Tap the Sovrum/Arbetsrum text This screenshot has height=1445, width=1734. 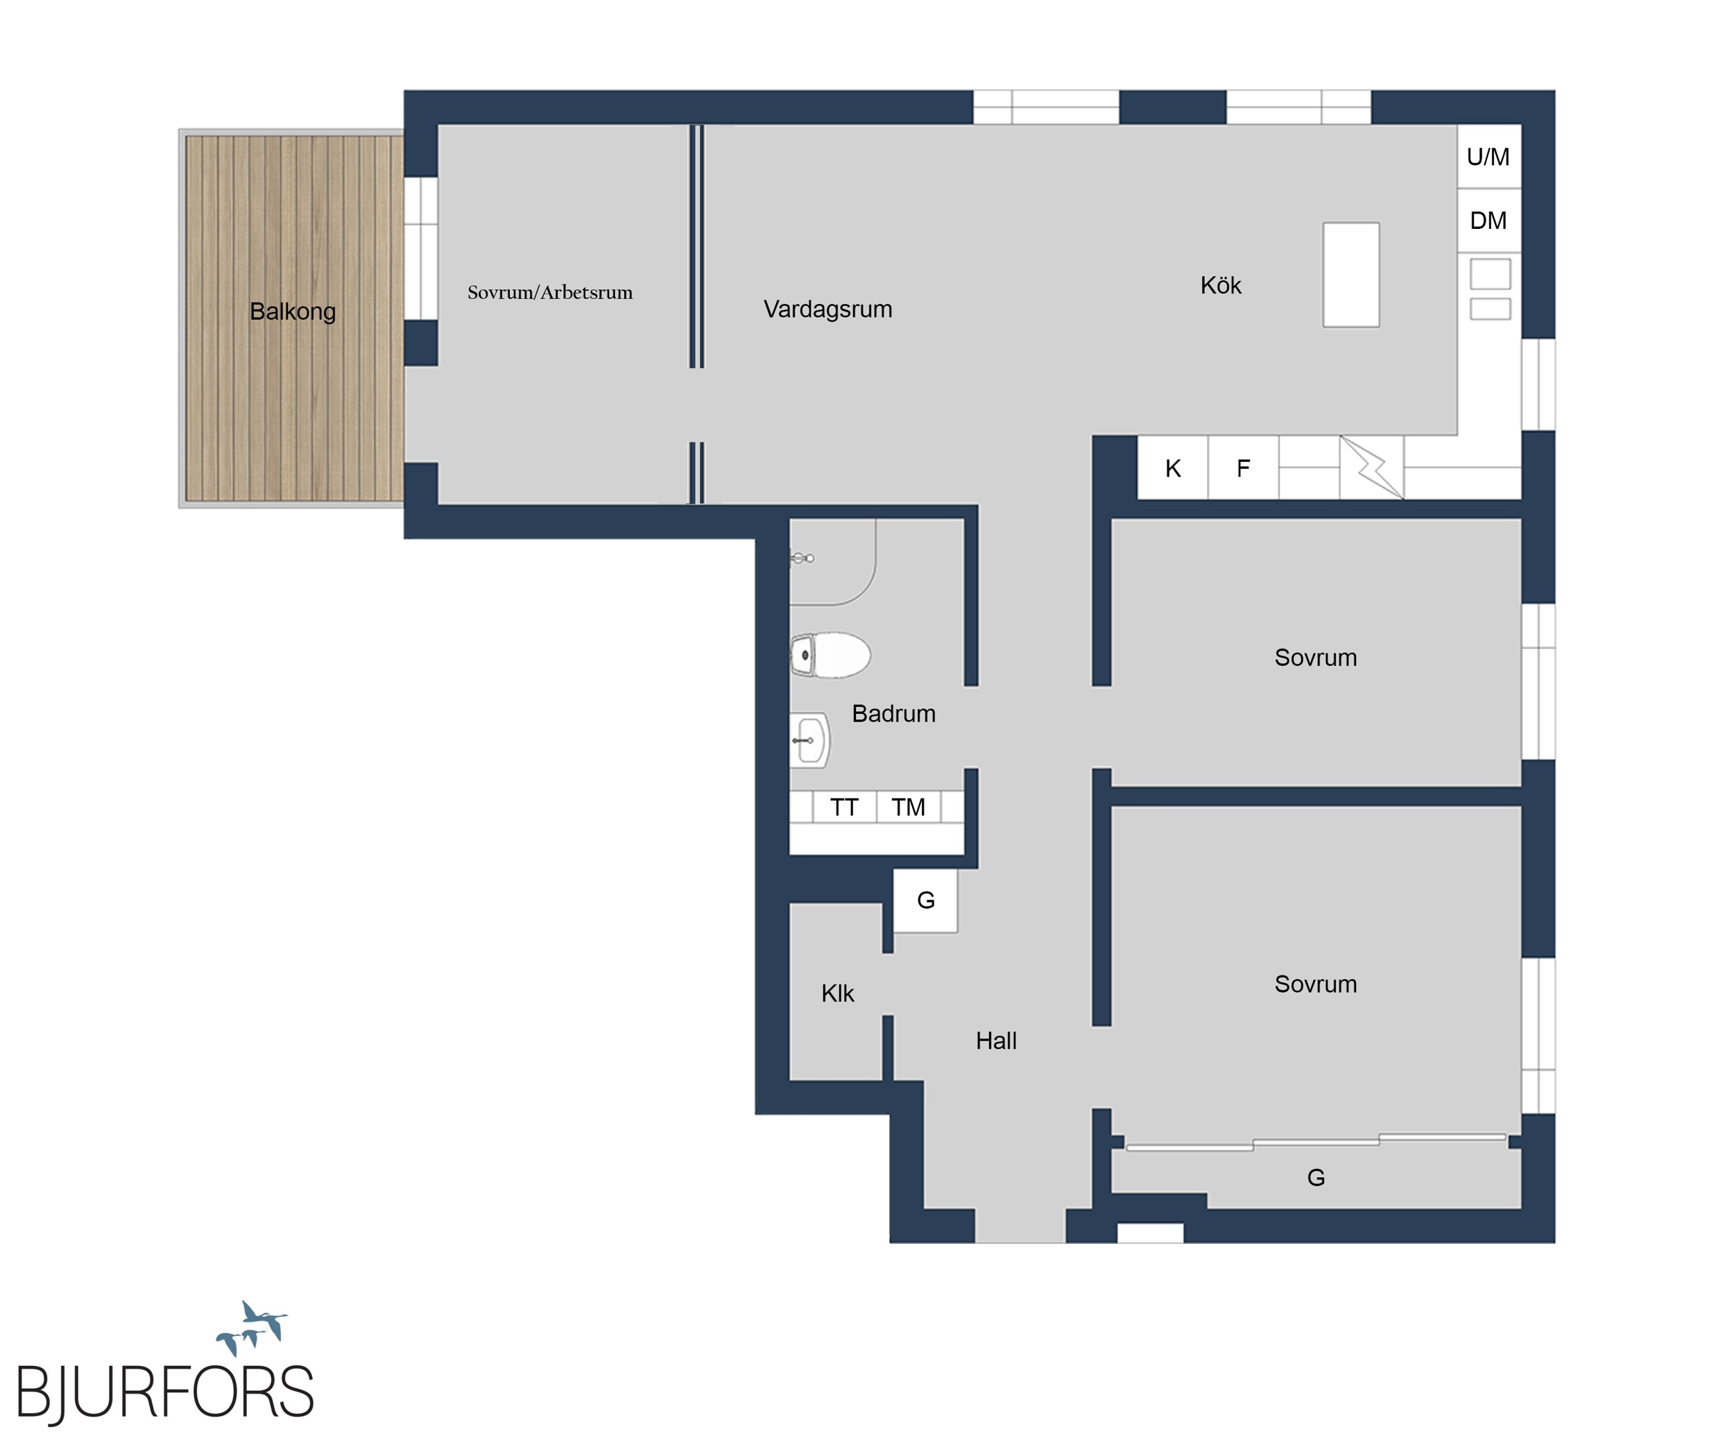coord(550,292)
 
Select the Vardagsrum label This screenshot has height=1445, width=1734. coord(827,309)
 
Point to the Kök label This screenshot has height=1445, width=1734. coord(1221,285)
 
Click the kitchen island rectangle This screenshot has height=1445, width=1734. coord(1351,275)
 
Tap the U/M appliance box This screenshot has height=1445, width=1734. coord(1488,157)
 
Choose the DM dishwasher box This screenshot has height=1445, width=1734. coord(1488,221)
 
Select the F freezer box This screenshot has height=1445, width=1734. coord(1244,468)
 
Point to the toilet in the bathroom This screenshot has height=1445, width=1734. coord(830,656)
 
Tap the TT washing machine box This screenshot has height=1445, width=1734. coord(844,807)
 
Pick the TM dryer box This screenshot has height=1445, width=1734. coord(909,807)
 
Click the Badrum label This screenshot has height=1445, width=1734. coord(893,713)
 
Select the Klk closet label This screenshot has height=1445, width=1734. coord(837,993)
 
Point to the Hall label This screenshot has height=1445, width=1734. coord(996,1041)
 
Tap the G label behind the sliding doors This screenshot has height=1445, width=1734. coord(1316,1177)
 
